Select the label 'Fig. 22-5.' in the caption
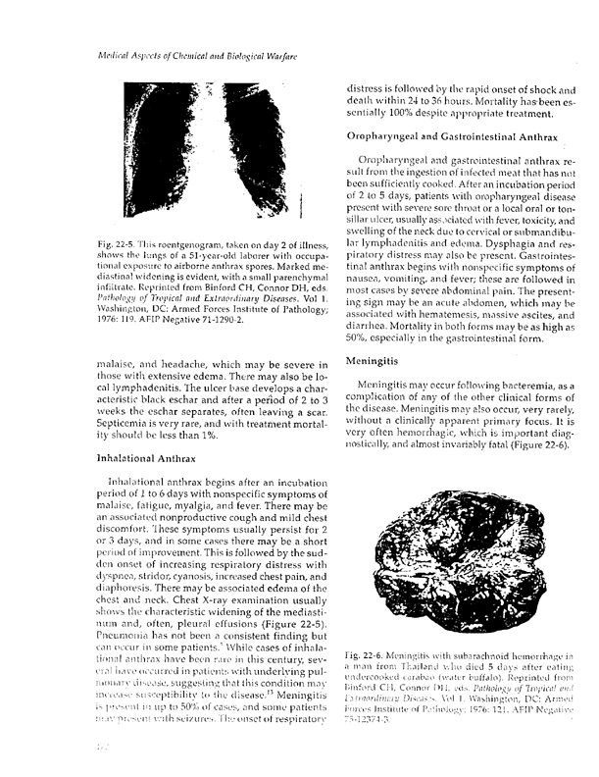point(103,242)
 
